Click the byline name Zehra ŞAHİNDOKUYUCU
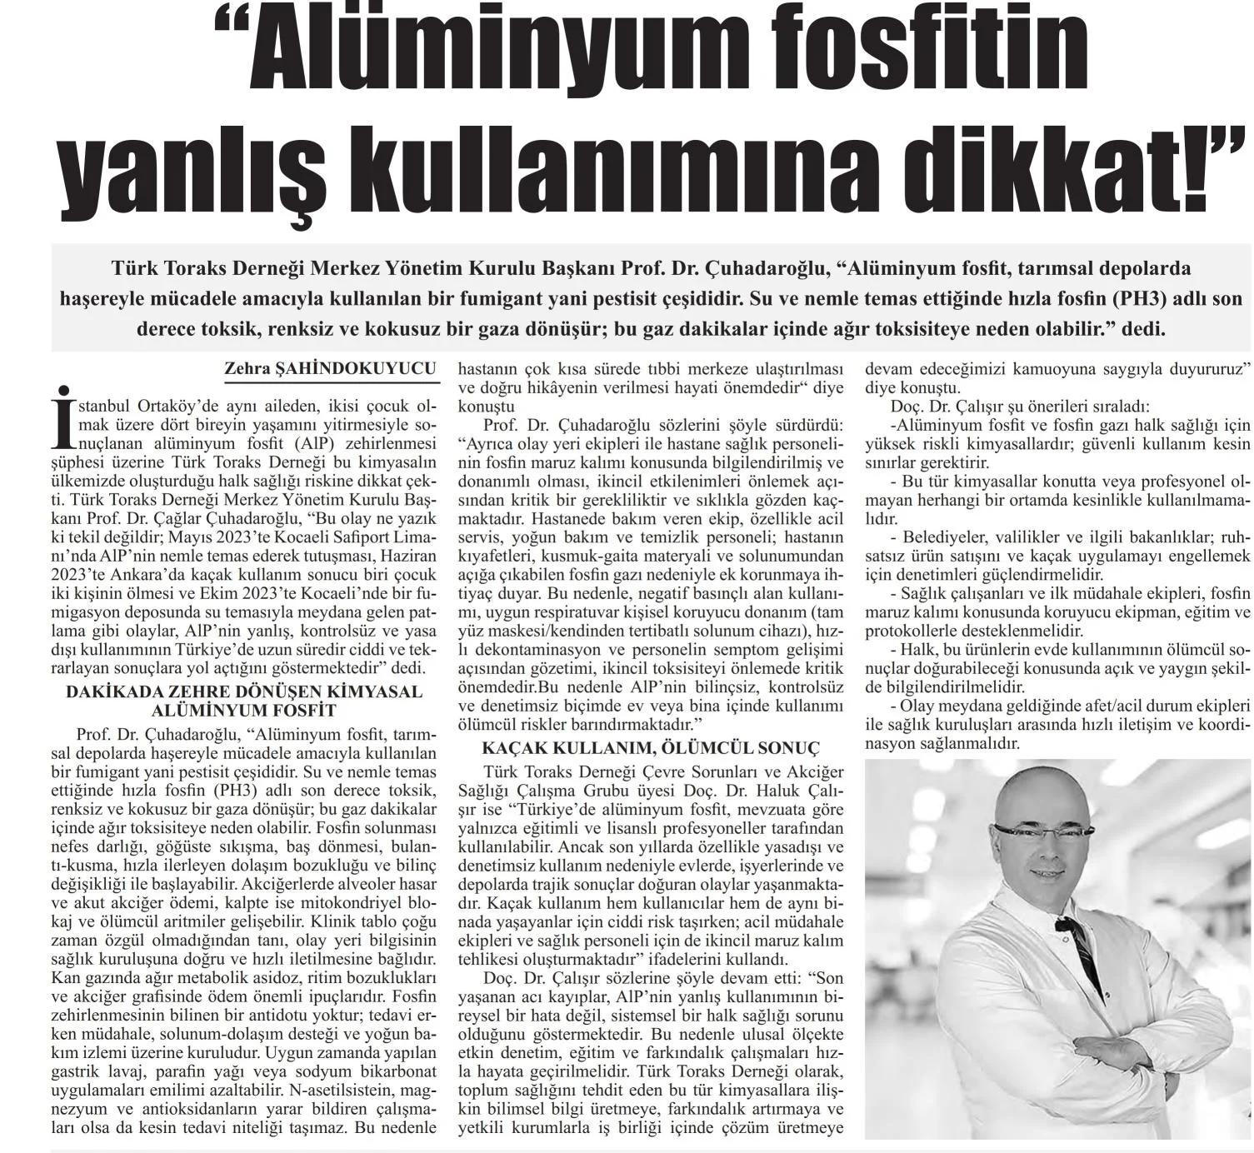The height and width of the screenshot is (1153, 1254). tap(332, 367)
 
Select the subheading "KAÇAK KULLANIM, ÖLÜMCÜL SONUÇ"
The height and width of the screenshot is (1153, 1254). tap(639, 747)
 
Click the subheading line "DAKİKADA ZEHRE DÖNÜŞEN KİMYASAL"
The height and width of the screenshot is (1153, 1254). tap(244, 692)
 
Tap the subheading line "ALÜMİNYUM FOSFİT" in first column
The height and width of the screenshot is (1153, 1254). tap(244, 711)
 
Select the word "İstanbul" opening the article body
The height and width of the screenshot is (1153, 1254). tap(102, 407)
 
